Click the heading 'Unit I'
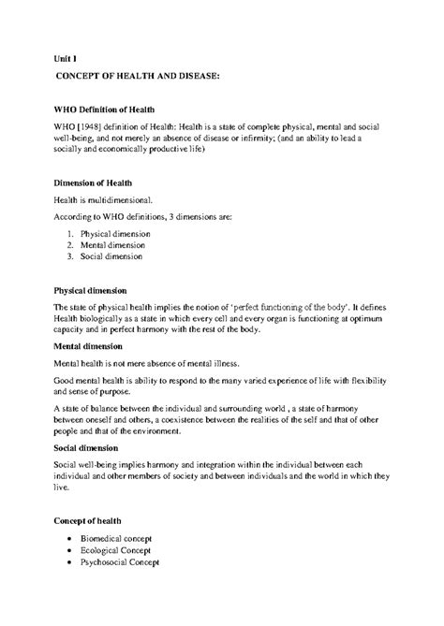pos(65,57)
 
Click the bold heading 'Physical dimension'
pos(96,290)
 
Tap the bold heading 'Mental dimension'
pos(93,345)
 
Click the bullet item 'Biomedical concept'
pos(118,539)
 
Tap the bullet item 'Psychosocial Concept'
pos(122,562)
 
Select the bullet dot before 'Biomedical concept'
pos(71,539)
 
